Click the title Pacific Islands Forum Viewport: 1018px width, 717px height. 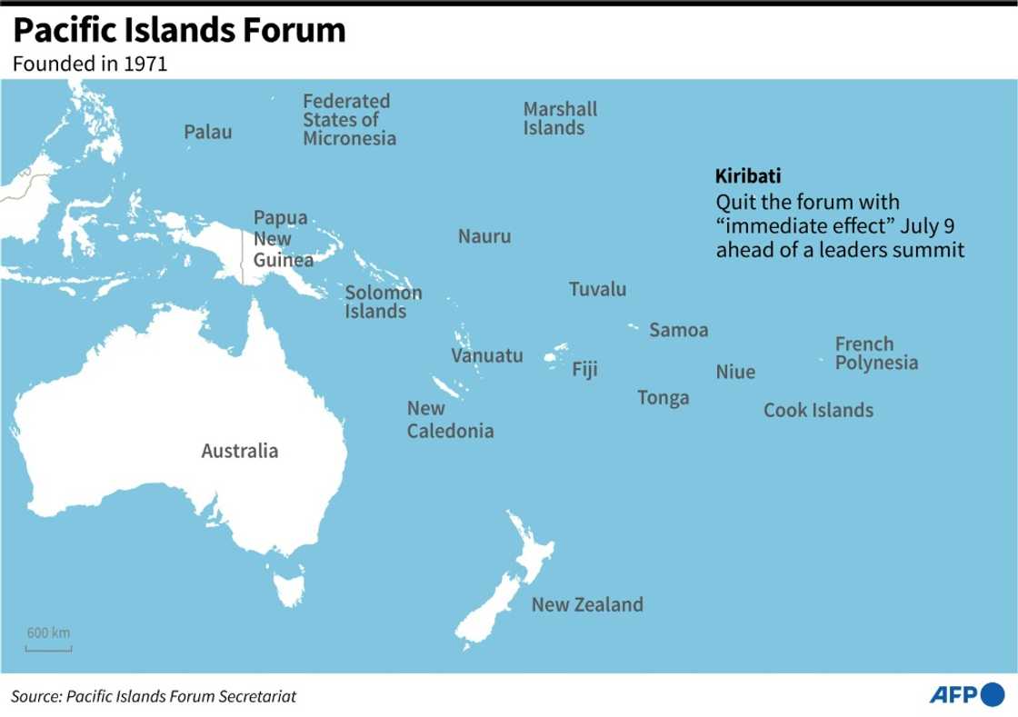point(179,31)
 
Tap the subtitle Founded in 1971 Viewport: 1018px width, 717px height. point(89,65)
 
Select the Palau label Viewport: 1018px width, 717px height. point(207,132)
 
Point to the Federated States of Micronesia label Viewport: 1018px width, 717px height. point(349,119)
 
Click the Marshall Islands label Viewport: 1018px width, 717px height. point(560,118)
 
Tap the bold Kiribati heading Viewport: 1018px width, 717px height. point(748,175)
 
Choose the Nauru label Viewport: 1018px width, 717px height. point(484,236)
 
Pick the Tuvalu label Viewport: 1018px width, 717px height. point(597,289)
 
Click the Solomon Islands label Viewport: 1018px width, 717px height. point(383,302)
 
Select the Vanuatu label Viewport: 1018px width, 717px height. point(487,355)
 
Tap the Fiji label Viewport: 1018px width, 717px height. point(584,369)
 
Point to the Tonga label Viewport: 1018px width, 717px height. point(663,397)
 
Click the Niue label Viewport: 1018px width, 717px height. point(735,372)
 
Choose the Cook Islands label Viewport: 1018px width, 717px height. point(818,410)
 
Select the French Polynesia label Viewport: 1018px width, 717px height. point(876,354)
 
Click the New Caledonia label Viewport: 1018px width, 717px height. point(450,419)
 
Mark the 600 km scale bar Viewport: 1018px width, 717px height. point(48,648)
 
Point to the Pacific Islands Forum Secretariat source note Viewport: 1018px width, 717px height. point(154,696)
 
